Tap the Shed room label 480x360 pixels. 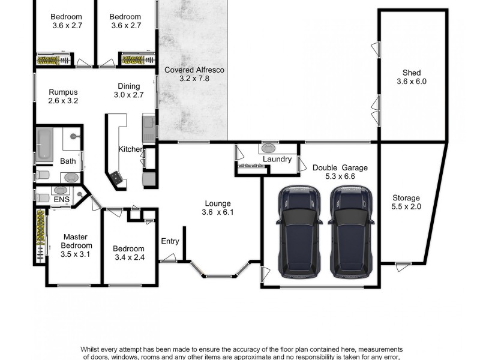point(411,77)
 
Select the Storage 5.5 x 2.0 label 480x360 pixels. point(406,202)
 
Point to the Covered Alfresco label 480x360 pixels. point(194,74)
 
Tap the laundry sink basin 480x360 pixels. point(268,147)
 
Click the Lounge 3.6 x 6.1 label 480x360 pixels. point(216,208)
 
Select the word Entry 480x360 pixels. point(170,241)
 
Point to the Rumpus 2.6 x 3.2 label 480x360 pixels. point(63,96)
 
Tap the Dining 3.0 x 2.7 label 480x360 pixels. point(128,90)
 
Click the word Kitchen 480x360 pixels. point(130,149)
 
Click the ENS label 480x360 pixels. point(61,199)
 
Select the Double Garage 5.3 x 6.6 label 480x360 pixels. point(340,172)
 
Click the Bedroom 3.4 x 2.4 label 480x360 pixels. point(128,253)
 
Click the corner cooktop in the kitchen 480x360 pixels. point(115,178)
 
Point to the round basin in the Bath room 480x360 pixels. point(71,178)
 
